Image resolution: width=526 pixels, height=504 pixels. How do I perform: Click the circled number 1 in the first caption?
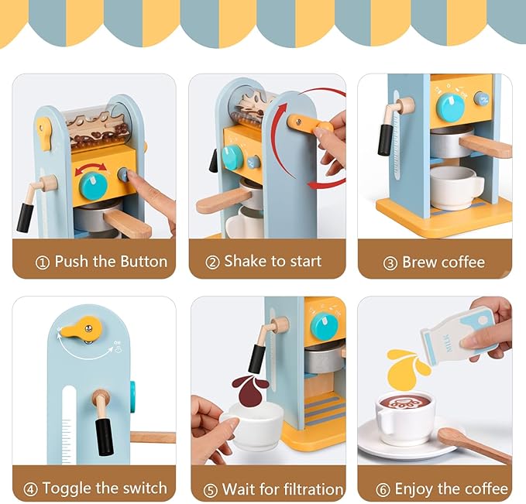43,262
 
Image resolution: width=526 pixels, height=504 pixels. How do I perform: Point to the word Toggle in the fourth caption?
70,489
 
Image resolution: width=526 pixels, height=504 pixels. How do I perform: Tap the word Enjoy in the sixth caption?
418,489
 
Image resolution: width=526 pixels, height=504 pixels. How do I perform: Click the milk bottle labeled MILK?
456,331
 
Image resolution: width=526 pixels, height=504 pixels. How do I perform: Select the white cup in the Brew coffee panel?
456,187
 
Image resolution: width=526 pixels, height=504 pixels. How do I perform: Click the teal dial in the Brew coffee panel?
450,107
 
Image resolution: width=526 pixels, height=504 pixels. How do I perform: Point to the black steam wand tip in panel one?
26,218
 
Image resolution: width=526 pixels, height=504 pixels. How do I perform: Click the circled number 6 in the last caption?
383,489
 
